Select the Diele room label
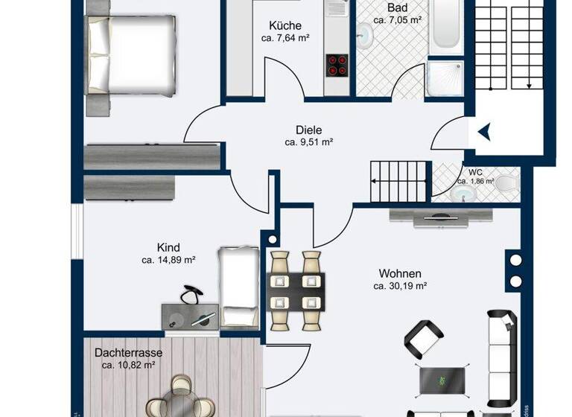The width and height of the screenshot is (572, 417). [308, 128]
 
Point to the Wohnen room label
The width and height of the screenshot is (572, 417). [399, 273]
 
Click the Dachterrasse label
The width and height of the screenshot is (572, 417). [128, 352]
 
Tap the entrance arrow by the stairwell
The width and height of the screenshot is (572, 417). [484, 132]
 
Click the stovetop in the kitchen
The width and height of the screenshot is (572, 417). [336, 66]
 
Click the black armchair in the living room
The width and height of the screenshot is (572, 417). [425, 339]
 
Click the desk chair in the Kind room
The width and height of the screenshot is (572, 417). [191, 296]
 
